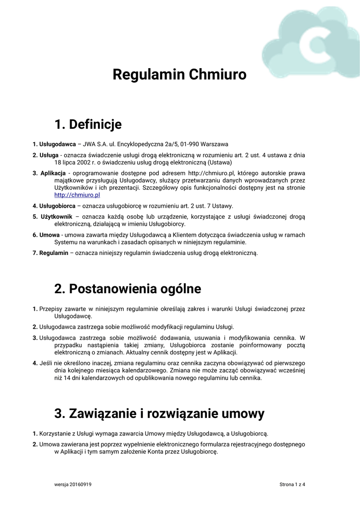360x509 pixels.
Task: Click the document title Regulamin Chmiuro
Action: pos(180,75)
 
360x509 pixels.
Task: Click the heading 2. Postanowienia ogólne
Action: pos(128,288)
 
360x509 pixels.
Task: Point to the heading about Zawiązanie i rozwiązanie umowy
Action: pos(159,413)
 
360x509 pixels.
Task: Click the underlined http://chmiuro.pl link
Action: pos(77,195)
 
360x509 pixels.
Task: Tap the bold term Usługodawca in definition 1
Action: pos(58,144)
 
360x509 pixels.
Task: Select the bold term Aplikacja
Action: pos(53,172)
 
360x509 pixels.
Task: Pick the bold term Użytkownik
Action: pos(56,216)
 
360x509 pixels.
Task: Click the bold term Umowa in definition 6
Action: pos(49,235)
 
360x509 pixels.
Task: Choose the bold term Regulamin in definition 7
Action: pos(54,253)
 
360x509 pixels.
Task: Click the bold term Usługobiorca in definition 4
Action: pos(58,205)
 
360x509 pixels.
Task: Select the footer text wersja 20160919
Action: pos(73,484)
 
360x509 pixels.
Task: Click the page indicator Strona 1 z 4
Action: pos(292,484)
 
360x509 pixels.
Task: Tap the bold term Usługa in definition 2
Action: pos(49,155)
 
